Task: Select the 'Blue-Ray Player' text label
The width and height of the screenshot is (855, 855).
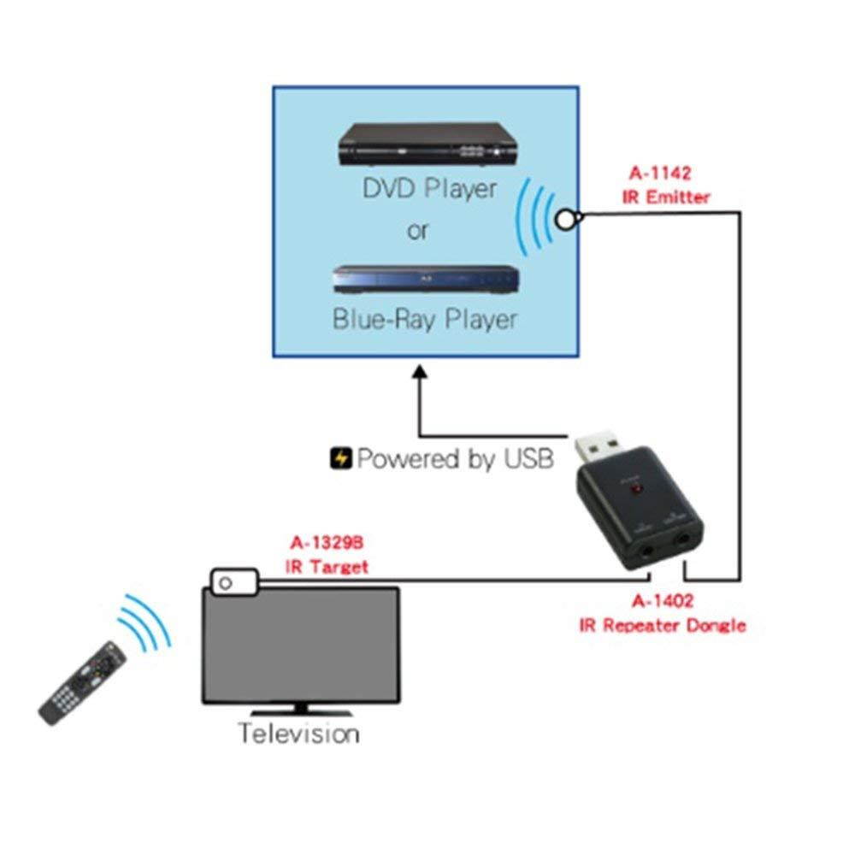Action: [x=425, y=320]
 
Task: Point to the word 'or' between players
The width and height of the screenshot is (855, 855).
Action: [x=418, y=231]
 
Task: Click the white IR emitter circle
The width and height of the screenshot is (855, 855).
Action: [x=563, y=220]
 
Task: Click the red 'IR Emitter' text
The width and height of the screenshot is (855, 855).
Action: [x=667, y=198]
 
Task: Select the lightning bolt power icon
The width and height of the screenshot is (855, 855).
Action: [x=340, y=459]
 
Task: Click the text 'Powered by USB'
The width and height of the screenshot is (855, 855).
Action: [x=455, y=459]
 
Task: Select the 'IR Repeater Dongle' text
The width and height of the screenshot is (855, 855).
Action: [x=662, y=626]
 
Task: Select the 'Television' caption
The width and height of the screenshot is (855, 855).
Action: [x=298, y=733]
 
